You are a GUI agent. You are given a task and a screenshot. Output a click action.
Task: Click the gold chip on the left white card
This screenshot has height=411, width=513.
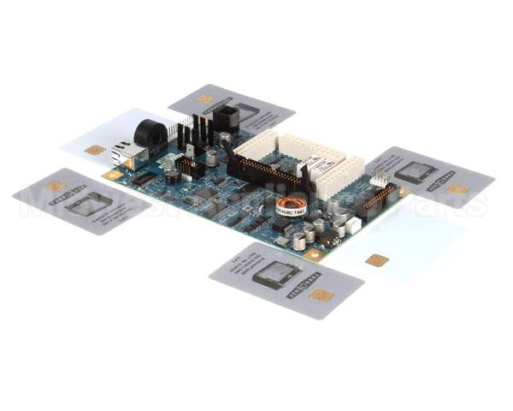[95, 150]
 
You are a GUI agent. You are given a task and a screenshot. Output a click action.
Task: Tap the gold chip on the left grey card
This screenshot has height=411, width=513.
[56, 186]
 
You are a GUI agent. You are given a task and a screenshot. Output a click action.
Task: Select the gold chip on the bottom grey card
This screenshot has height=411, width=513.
[321, 295]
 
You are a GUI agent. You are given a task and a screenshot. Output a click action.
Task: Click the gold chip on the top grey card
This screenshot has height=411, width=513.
[205, 99]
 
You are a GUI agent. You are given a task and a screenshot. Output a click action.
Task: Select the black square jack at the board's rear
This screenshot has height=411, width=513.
[226, 117]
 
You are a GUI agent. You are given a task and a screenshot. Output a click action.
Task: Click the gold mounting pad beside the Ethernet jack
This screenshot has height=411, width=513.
[111, 175]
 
